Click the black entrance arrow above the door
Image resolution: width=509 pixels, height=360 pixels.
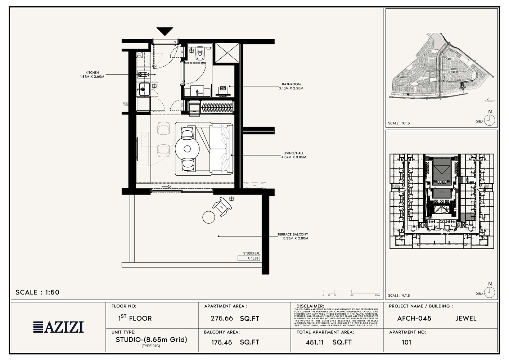pyautogui.click(x=165, y=31)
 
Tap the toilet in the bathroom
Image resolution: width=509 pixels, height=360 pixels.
pyautogui.click(x=200, y=54)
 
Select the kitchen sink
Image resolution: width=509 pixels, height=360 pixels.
pyautogui.click(x=144, y=88)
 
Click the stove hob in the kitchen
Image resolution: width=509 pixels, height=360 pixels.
pyautogui.click(x=143, y=75)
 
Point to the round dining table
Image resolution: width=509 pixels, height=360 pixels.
pyautogui.click(x=187, y=149)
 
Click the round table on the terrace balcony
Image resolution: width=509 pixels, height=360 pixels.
pyautogui.click(x=208, y=217)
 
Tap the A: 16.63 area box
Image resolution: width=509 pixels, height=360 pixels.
pyautogui.click(x=248, y=258)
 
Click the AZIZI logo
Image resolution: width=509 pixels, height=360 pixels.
pyautogui.click(x=59, y=327)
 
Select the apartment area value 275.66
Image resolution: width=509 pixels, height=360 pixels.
pyautogui.click(x=221, y=319)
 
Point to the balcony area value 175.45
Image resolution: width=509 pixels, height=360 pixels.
pyautogui.click(x=221, y=342)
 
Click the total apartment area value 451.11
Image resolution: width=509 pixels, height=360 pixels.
pyautogui.click(x=315, y=342)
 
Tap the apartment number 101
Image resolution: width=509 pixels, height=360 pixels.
pyautogui.click(x=406, y=342)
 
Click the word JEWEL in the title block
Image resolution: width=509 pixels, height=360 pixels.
pyautogui.click(x=465, y=319)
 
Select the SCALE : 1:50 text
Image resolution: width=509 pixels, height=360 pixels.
pyautogui.click(x=37, y=292)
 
